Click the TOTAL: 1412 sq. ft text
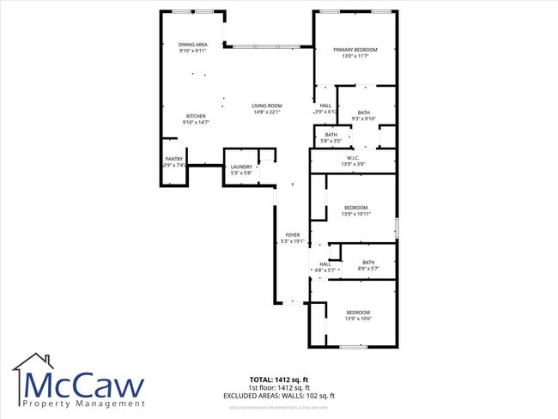pyautogui.click(x=279, y=379)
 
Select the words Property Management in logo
pyautogui.click(x=84, y=404)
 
